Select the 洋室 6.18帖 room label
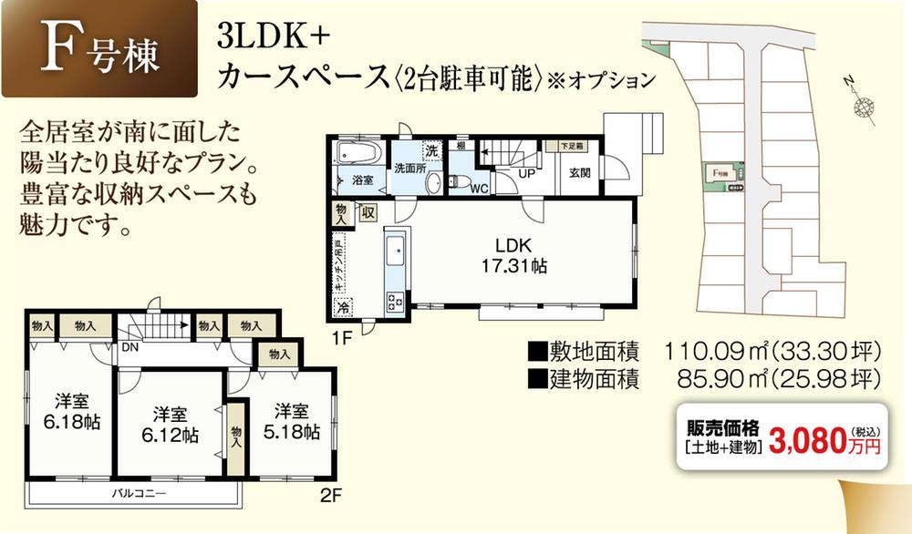[x=70, y=412]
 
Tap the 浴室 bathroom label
[x=362, y=180]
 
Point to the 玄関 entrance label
[x=579, y=172]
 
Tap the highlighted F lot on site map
[x=724, y=174]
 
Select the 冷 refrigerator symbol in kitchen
[x=344, y=308]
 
